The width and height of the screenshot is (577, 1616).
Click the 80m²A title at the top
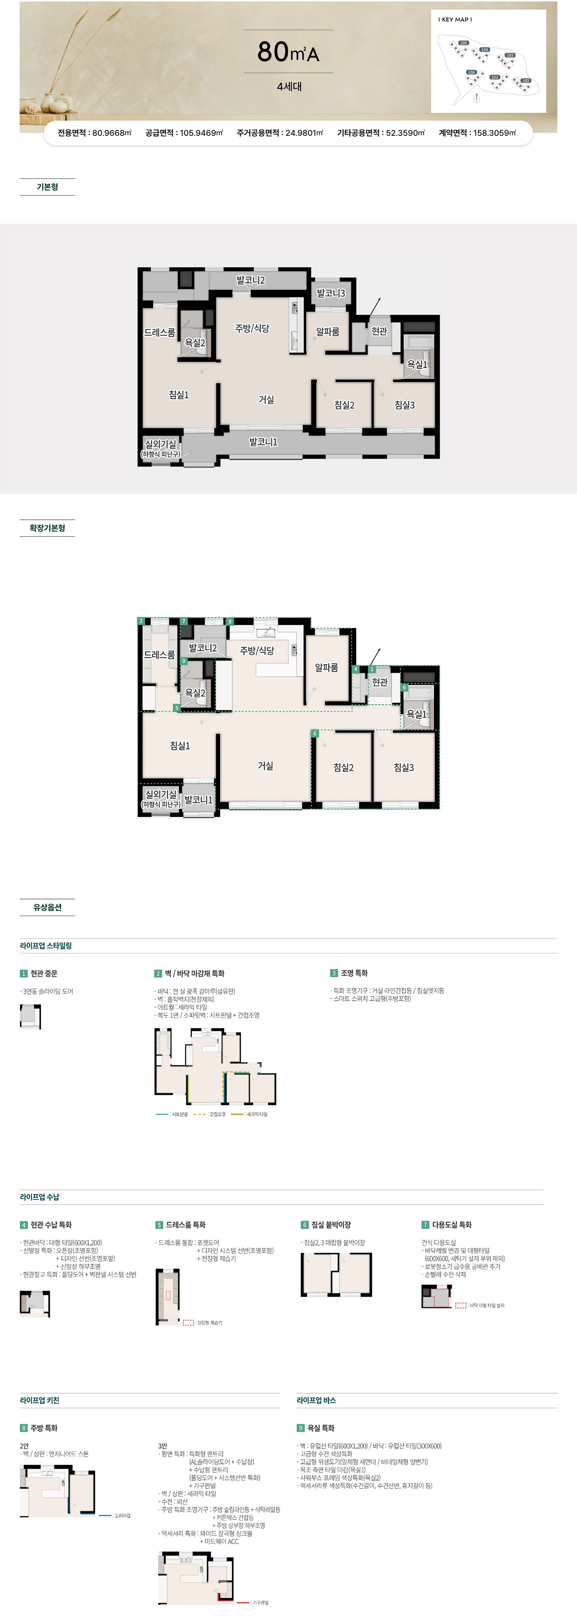point(288,52)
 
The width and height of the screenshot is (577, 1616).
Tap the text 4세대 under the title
point(289,87)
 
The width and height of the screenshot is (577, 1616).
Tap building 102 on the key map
point(526,80)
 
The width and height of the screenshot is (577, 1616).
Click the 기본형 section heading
point(47,187)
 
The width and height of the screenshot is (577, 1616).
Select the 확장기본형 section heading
point(47,528)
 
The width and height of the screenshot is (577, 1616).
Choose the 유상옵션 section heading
point(47,907)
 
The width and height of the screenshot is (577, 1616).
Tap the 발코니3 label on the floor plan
point(331,293)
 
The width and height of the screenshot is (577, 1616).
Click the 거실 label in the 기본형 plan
point(266,400)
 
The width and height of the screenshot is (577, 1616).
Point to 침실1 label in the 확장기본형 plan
point(180,746)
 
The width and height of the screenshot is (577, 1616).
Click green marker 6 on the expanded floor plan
point(315,733)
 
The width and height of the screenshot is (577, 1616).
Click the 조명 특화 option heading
point(354,973)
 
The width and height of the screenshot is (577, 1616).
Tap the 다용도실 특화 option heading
point(451,1225)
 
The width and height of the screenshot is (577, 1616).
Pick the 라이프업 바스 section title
point(316,1400)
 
